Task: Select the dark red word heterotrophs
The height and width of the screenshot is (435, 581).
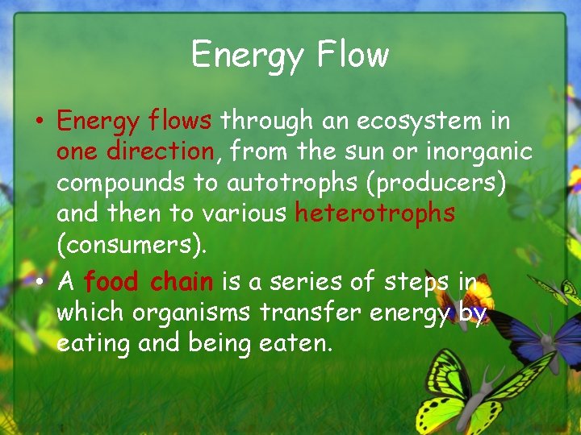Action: coord(374,213)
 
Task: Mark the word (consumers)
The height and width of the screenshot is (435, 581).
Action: coord(132,244)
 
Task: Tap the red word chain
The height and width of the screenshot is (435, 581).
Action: coord(182,281)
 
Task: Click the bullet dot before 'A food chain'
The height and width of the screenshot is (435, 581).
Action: coord(40,283)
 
